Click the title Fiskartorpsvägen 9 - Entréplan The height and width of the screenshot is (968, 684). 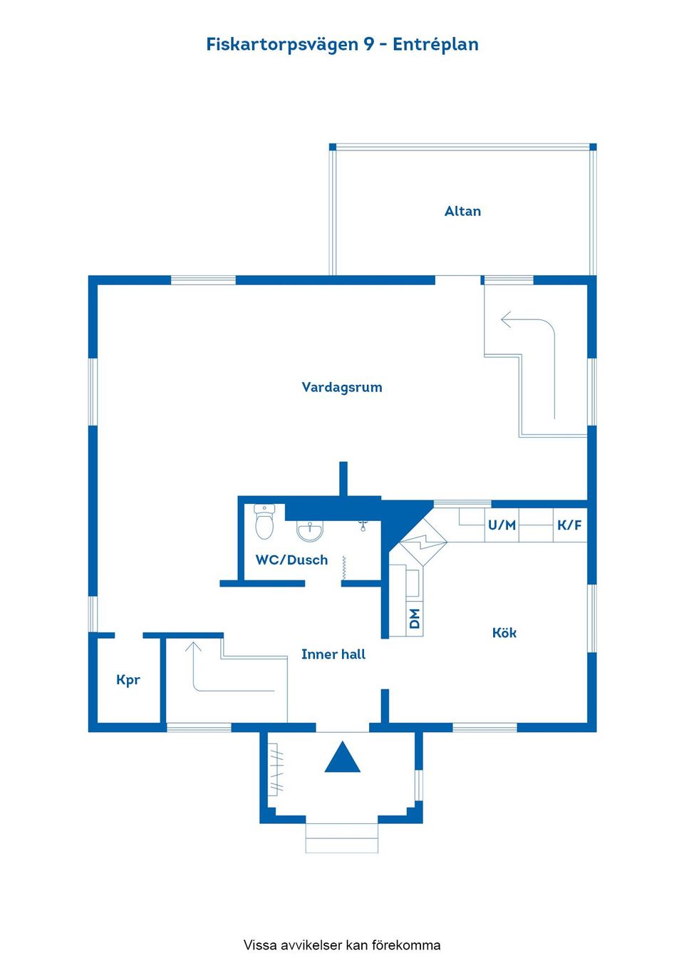click(342, 44)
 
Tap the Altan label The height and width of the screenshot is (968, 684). click(462, 211)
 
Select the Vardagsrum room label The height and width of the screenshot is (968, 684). click(342, 387)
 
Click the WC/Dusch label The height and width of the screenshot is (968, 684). click(291, 560)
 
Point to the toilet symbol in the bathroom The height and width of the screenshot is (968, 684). click(264, 522)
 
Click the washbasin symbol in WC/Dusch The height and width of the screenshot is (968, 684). click(310, 530)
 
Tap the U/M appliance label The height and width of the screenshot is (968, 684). click(502, 525)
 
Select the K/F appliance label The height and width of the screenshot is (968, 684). click(569, 525)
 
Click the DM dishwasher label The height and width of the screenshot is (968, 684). click(415, 618)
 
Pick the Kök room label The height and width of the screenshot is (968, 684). click(504, 632)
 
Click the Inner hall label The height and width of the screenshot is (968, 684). click(333, 654)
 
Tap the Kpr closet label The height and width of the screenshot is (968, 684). click(128, 679)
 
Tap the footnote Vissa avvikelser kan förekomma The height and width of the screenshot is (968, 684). click(342, 945)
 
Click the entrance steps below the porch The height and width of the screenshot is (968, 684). click(342, 838)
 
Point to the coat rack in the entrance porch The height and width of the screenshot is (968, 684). click(276, 770)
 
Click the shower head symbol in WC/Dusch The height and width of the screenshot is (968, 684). click(363, 526)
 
